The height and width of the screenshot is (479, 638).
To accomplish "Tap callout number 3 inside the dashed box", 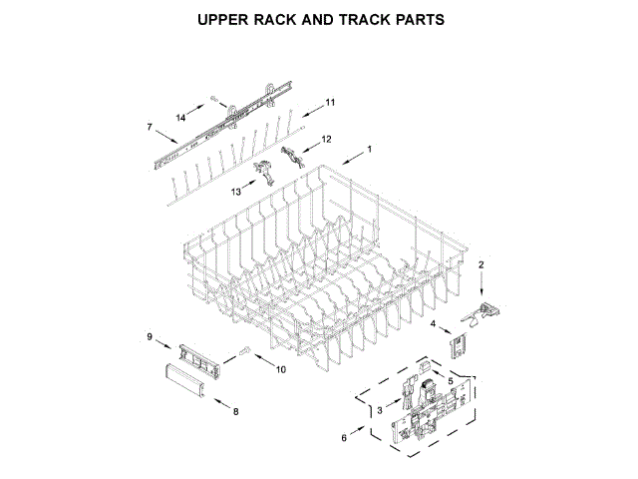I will click(x=380, y=410).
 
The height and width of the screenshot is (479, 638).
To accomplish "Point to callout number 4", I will click(x=434, y=324).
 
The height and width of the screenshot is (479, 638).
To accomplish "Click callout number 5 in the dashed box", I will click(x=450, y=380).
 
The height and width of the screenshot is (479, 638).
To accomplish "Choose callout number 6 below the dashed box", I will click(x=345, y=438).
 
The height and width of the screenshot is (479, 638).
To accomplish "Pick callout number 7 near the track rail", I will click(x=150, y=127).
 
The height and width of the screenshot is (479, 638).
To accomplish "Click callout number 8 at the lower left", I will click(x=235, y=411).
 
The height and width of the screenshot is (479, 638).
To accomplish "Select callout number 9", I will click(x=150, y=337).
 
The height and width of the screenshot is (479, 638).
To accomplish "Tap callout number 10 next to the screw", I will click(x=280, y=370).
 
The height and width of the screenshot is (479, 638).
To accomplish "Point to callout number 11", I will click(x=331, y=102).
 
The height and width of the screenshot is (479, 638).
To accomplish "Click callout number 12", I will click(x=325, y=139).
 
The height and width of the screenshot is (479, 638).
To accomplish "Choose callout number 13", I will click(x=236, y=190).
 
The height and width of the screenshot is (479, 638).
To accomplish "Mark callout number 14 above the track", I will click(x=181, y=119).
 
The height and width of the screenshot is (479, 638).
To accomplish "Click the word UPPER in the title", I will click(x=226, y=19).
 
